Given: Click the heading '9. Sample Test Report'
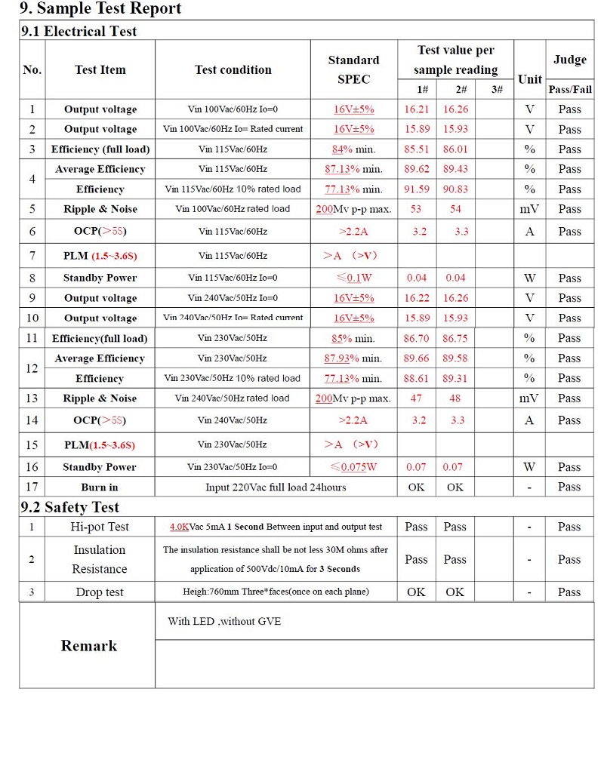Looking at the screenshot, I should point(100,9).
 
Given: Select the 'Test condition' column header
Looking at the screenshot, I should point(233,69).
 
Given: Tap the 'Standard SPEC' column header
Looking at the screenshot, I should point(353,69).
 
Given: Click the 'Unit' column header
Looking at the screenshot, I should point(529,79).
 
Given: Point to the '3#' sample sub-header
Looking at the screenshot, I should point(496,90).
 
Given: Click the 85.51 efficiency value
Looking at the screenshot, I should point(417,149).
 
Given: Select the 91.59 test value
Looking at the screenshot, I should point(417,189).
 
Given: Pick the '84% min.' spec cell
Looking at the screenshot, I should point(353,149).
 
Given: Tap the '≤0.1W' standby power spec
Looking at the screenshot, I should point(354,278).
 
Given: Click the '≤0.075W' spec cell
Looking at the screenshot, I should point(353,467).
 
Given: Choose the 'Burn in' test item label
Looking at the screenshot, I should point(100,487).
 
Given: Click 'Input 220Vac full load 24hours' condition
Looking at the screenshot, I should point(276,487).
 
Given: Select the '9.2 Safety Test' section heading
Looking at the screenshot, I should point(69,507).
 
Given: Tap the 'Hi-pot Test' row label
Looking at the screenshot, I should point(100,527).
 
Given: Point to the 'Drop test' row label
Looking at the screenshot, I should point(100,592).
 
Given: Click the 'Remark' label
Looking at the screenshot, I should point(89,646).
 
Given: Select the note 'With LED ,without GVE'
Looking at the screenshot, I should point(224,622).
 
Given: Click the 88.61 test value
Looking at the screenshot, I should point(417,379).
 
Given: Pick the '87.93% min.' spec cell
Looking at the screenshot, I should point(353,358).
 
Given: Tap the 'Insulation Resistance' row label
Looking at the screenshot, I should point(100,559).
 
